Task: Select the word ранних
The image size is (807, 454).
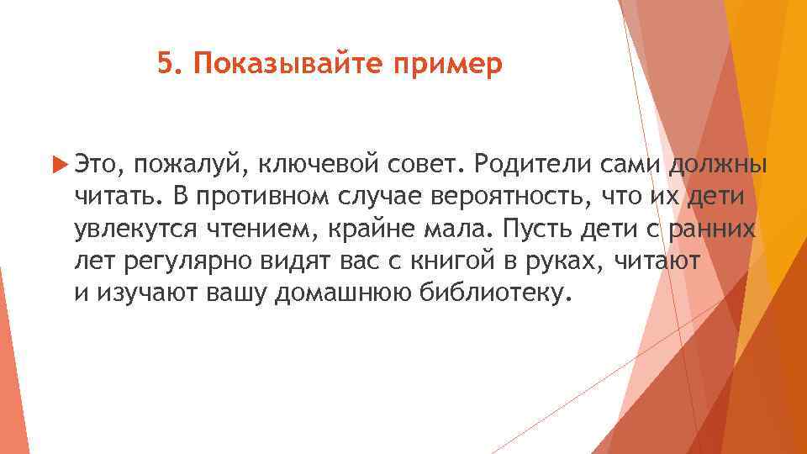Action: (x=716, y=229)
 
